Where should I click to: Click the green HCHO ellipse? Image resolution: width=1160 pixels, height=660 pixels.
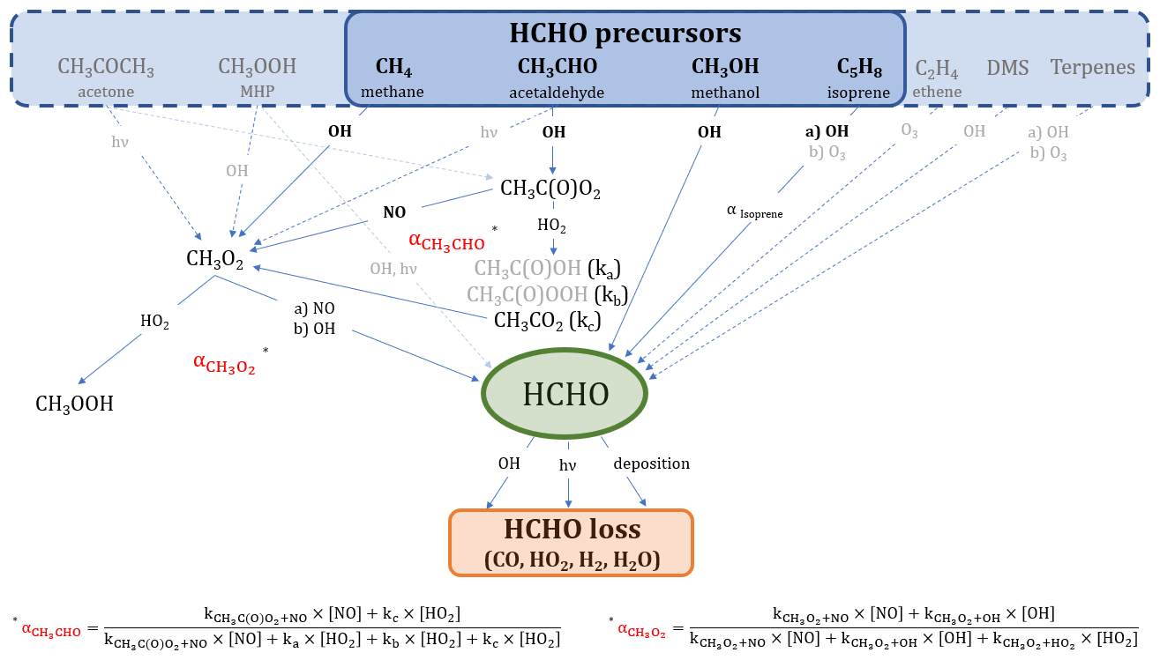tap(565, 394)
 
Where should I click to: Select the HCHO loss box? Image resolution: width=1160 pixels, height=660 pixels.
tap(572, 543)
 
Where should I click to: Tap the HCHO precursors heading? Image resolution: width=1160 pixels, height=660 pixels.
tap(625, 33)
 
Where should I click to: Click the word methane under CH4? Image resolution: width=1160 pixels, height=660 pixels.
tap(393, 92)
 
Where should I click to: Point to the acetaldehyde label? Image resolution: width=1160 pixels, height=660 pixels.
tap(557, 92)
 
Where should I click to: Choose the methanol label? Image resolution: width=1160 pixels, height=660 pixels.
tap(724, 92)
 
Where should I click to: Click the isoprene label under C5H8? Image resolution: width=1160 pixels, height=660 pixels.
tap(858, 92)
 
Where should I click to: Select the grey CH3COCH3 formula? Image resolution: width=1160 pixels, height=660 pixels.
tap(106, 67)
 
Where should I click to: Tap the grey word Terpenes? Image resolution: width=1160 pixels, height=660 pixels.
tap(1093, 67)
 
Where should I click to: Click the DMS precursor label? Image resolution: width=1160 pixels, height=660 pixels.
tap(1007, 67)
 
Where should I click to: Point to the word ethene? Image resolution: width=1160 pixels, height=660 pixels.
tap(938, 92)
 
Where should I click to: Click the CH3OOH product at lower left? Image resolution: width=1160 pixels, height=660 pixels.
tap(74, 404)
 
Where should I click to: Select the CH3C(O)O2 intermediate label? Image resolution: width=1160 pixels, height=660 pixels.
tap(550, 189)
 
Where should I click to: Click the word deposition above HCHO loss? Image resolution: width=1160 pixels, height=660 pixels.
tap(651, 463)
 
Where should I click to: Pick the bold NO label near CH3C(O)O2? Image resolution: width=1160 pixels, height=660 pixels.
tap(394, 212)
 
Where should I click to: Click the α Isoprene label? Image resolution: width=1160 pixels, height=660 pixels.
tap(754, 212)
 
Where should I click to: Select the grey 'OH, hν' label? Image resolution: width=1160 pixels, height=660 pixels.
tap(393, 268)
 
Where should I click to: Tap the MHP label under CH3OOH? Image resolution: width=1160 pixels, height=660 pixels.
tap(257, 92)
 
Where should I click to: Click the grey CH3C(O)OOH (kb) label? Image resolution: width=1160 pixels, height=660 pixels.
tap(540, 294)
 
